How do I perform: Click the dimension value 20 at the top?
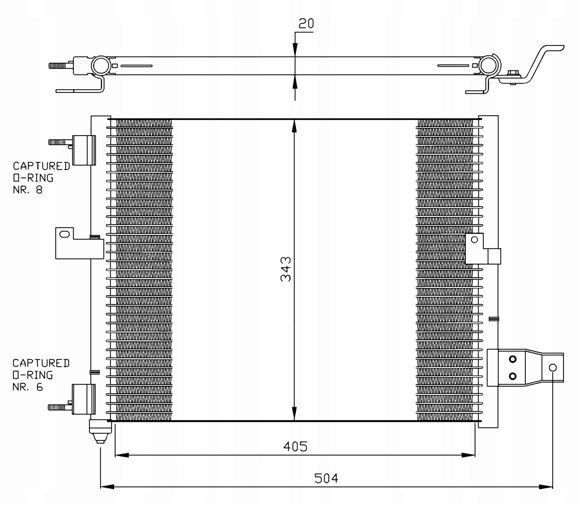click(x=306, y=24)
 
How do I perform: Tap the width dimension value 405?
click(x=295, y=447)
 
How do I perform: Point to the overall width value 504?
click(x=326, y=478)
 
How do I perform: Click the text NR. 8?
click(x=28, y=190)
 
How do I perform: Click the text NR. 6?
click(x=28, y=387)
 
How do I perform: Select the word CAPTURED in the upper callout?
click(x=41, y=166)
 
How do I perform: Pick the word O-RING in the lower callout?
click(x=33, y=375)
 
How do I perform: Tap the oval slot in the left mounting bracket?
click(x=65, y=234)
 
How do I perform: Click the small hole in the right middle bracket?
click(x=475, y=240)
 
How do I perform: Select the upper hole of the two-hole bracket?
click(x=513, y=359)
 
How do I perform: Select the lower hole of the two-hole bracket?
click(x=513, y=376)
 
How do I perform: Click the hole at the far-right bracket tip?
click(x=553, y=367)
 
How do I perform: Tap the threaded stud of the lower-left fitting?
click(x=58, y=407)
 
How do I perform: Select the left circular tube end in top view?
click(x=101, y=66)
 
